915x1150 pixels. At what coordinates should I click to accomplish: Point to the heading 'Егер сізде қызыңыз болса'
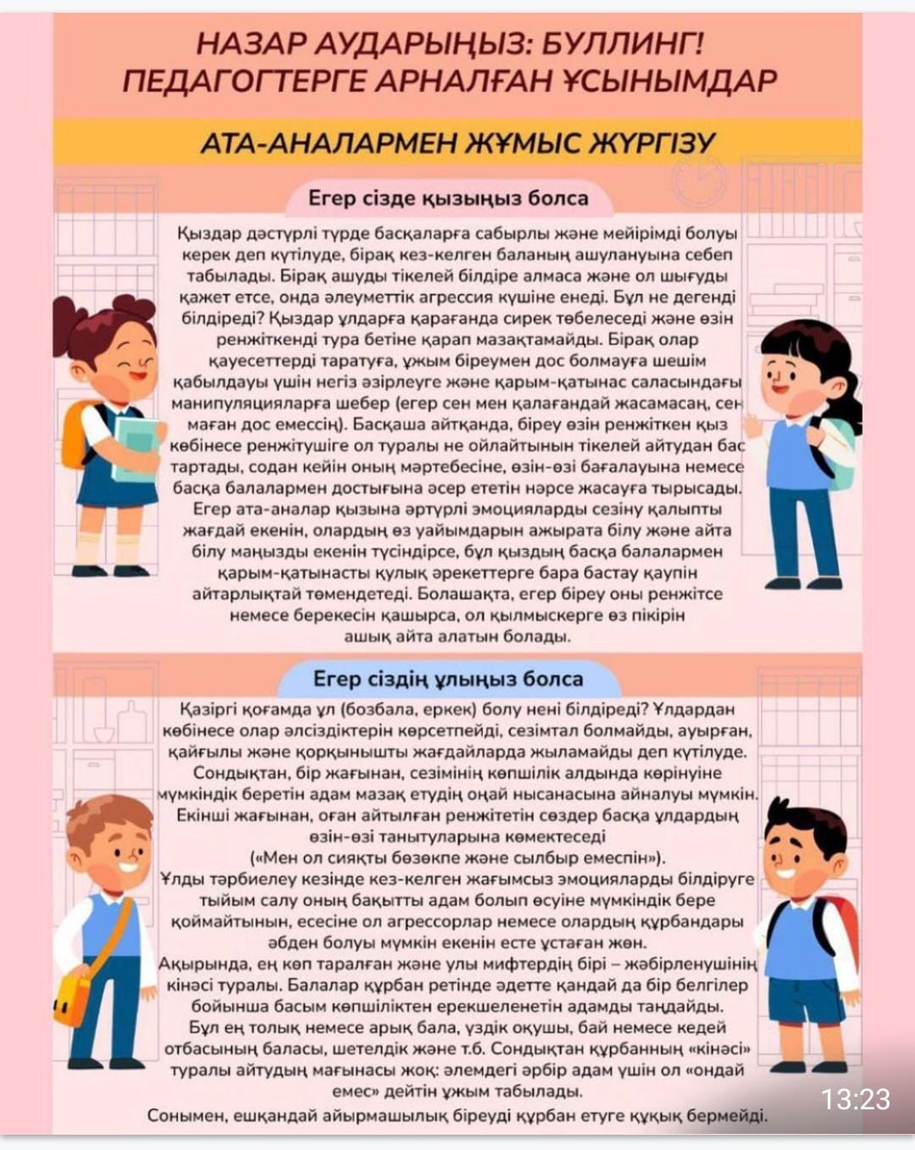click(x=447, y=198)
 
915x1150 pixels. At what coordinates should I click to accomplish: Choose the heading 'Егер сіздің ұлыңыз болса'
click(x=447, y=679)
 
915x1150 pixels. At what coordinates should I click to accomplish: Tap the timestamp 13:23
click(x=856, y=1099)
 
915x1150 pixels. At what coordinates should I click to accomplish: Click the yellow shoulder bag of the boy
click(x=71, y=999)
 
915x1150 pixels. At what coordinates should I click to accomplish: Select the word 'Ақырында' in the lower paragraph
click(x=194, y=964)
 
